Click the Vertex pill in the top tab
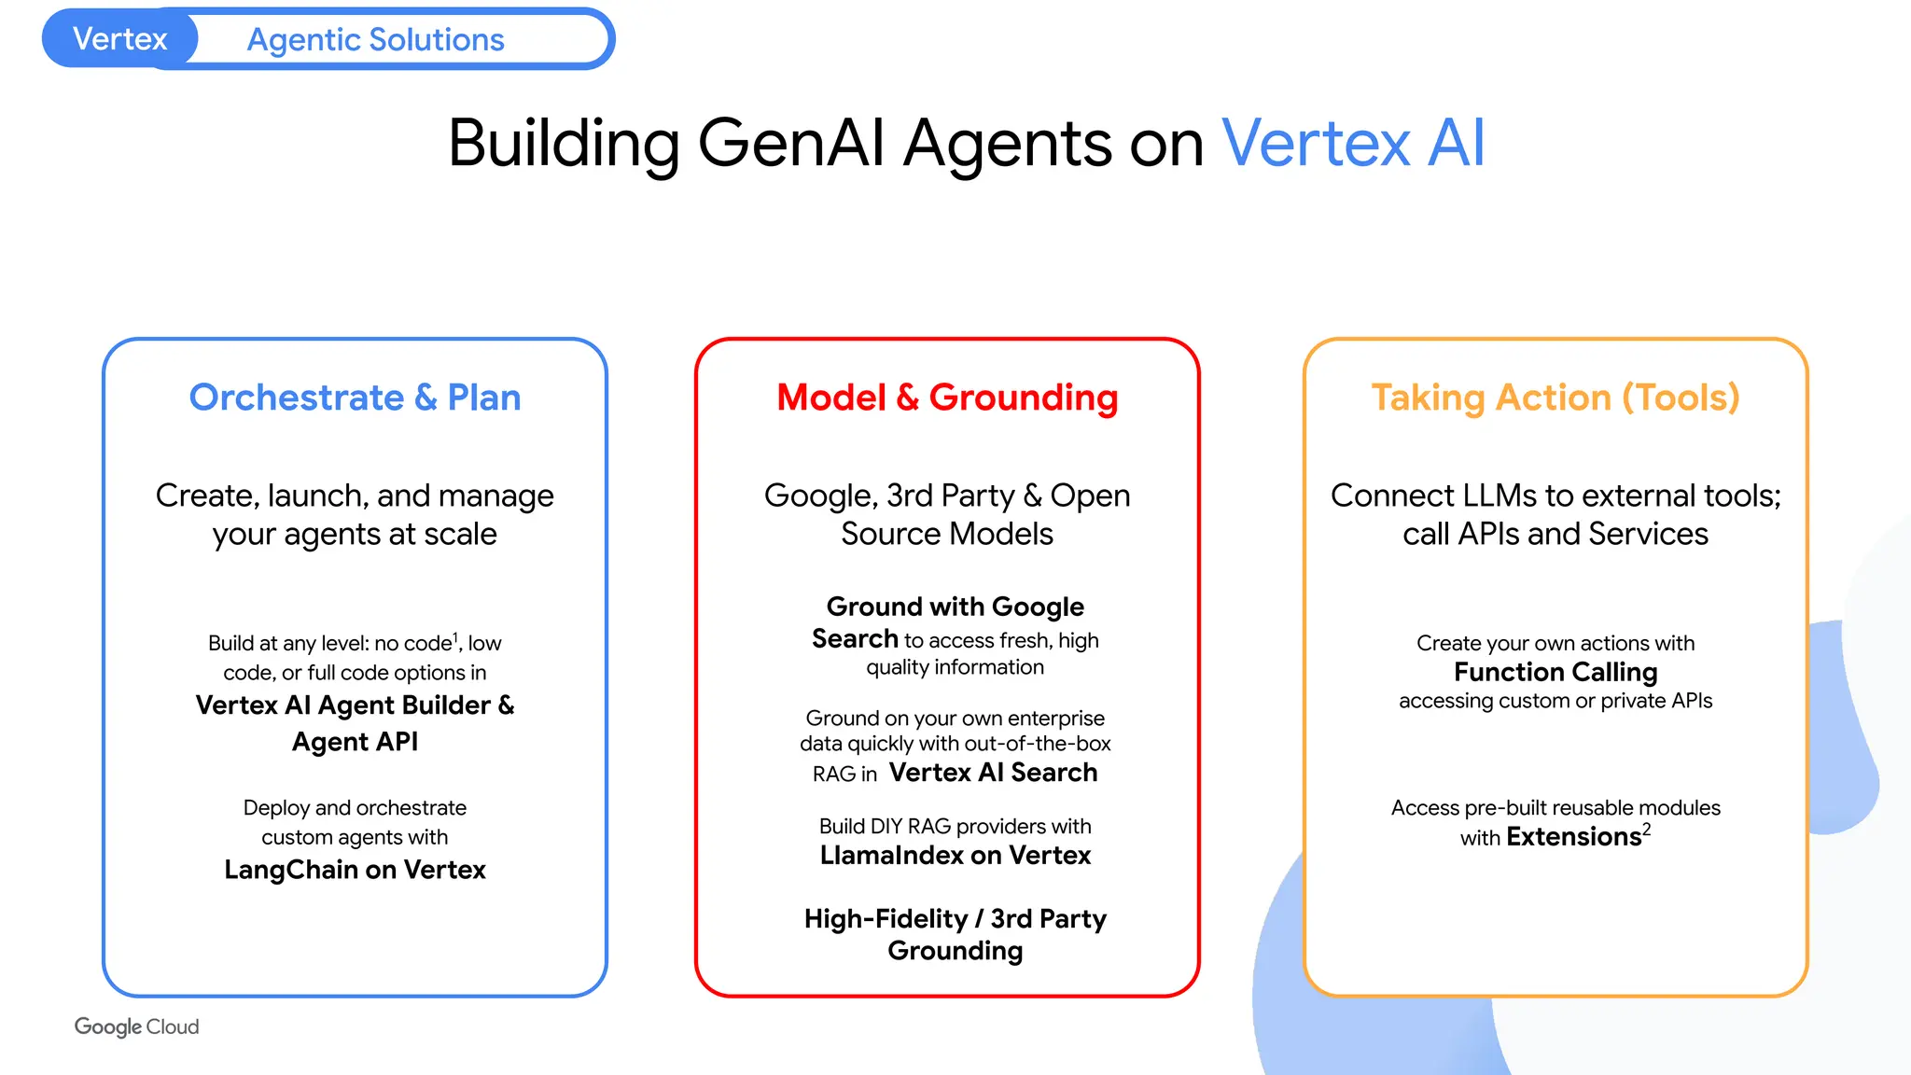tap(119, 39)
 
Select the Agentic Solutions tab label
tap(375, 40)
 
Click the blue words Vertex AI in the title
tap(1352, 144)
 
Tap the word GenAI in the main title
tap(790, 144)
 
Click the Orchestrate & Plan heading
tap(355, 398)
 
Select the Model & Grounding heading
tap(947, 398)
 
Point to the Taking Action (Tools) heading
tap(1555, 398)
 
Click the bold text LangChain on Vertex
tap(355, 870)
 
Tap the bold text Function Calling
tap(1555, 672)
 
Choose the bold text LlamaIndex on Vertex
tap(955, 855)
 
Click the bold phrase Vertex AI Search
tap(993, 773)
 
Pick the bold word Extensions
tap(1573, 837)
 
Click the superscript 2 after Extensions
tap(1647, 829)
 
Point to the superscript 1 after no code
tap(455, 637)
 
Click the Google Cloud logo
tap(136, 1026)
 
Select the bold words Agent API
tap(355, 742)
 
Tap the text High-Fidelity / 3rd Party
tap(955, 919)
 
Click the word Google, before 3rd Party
tap(820, 496)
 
